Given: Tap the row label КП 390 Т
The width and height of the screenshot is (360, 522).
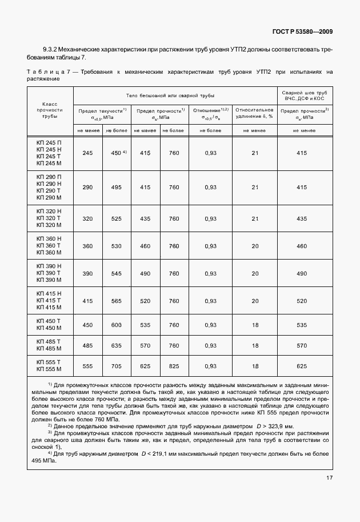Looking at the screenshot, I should point(49,273).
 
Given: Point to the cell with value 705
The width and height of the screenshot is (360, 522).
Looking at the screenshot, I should point(117,365).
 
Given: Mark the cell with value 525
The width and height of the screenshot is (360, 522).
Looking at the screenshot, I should point(117,218).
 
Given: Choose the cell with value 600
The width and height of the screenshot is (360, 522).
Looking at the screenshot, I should point(117,324).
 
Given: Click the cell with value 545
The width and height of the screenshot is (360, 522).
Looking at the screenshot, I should point(117,273).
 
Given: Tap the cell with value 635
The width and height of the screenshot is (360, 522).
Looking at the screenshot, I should point(117,345).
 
